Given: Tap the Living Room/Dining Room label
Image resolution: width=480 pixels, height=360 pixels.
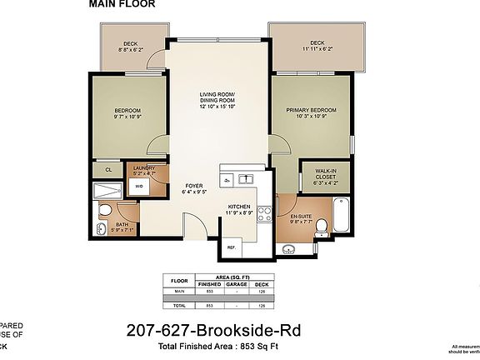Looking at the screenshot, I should point(217,100).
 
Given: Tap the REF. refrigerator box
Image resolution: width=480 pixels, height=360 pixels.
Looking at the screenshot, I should point(231,247).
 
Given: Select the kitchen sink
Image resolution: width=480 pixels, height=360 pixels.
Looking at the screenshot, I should point(246,179).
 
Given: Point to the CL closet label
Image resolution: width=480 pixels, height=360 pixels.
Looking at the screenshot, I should point(108,170).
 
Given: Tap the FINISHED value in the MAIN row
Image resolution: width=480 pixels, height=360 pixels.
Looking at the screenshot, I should point(208,291).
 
